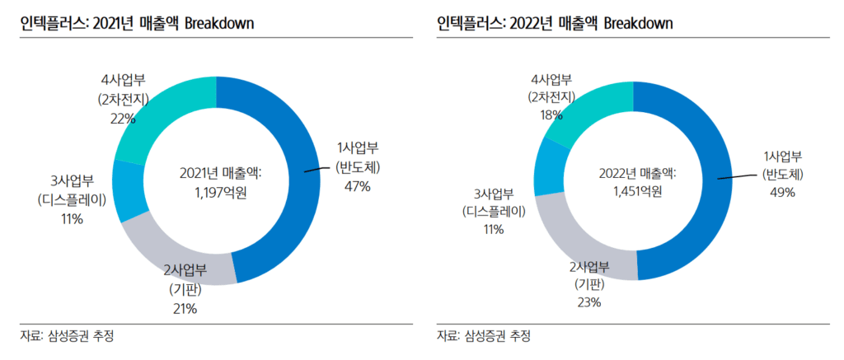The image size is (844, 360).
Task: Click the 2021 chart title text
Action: click(x=137, y=23)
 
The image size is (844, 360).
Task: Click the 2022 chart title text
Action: click(x=555, y=23)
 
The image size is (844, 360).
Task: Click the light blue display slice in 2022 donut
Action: click(x=547, y=170)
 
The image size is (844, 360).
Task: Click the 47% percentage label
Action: click(x=358, y=186)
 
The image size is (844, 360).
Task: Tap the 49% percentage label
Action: click(x=781, y=192)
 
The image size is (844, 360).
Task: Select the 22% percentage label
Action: click(x=123, y=118)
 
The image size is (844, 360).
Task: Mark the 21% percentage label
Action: click(x=184, y=309)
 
